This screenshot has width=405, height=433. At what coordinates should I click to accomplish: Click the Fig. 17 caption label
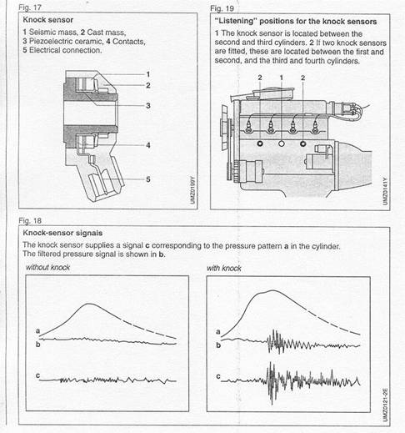[x=30, y=8]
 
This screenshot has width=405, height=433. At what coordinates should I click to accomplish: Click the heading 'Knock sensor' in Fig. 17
[x=48, y=20]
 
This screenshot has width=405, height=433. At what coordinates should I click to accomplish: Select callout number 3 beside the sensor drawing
[x=148, y=106]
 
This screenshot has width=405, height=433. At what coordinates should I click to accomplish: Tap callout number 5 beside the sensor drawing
[x=148, y=179]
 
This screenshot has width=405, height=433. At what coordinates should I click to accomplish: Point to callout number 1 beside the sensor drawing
[x=148, y=74]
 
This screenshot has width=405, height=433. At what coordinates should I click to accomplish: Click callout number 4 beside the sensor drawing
[x=148, y=145]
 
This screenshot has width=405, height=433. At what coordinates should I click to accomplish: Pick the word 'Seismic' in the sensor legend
[x=41, y=33]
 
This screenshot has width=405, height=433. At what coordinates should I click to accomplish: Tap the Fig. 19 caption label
[x=222, y=8]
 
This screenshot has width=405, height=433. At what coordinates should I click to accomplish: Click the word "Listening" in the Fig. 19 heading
[x=236, y=21]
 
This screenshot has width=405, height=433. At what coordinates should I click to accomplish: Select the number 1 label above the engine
[x=282, y=78]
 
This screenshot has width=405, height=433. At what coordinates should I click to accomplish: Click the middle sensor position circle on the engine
[x=282, y=143]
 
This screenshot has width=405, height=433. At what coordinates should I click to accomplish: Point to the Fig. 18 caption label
[x=30, y=221]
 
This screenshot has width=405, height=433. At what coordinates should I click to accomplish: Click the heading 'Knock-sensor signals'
[x=62, y=233]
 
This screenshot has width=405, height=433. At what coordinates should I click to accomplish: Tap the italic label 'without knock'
[x=47, y=267]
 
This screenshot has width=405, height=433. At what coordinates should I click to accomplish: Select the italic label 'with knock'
[x=224, y=268]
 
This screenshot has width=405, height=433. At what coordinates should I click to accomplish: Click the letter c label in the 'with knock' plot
[x=218, y=376]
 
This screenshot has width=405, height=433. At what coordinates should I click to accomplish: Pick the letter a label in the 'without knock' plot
[x=38, y=331]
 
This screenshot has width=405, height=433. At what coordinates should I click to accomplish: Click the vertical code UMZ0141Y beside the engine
[x=385, y=191]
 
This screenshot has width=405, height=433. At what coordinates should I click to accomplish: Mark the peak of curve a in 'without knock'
[x=88, y=304]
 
